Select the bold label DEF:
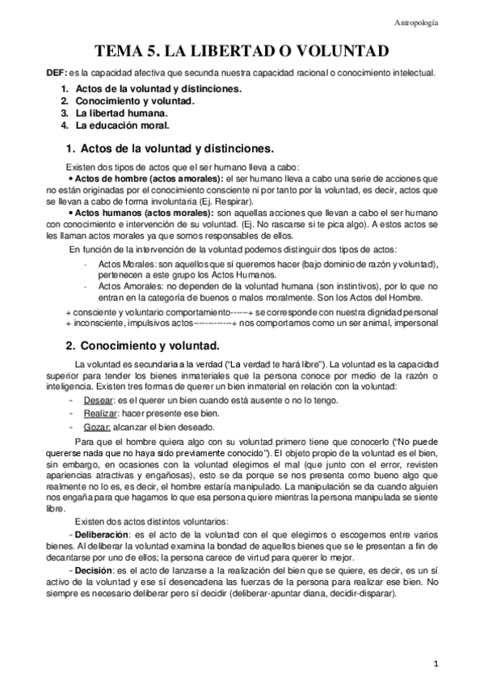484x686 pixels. (57, 74)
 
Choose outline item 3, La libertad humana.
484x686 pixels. (121, 114)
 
